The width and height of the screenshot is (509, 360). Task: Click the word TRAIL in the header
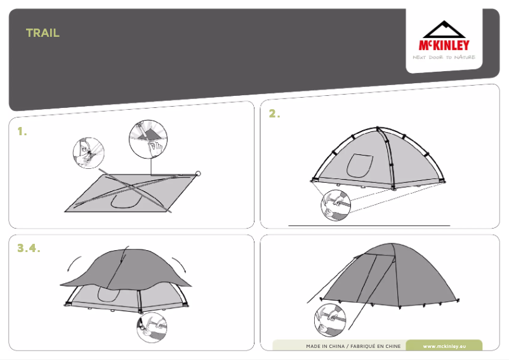pos(43,33)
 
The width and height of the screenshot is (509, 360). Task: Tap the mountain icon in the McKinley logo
pos(444,30)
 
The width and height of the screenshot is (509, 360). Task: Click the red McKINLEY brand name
pos(444,45)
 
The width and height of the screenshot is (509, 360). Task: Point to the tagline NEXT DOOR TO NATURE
pos(444,57)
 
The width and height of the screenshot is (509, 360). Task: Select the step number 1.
pos(22,131)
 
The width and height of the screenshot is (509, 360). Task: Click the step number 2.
pos(274,114)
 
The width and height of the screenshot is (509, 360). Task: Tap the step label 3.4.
pos(29,248)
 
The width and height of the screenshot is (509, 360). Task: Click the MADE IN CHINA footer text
pos(353,346)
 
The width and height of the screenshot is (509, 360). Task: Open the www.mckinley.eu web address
pos(444,346)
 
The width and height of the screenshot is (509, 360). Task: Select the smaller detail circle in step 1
pos(88,153)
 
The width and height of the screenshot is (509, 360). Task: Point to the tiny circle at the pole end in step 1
pos(198,173)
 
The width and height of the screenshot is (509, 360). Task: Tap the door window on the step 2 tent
pos(359,166)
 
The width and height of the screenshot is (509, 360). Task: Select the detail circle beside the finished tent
pos(330,319)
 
